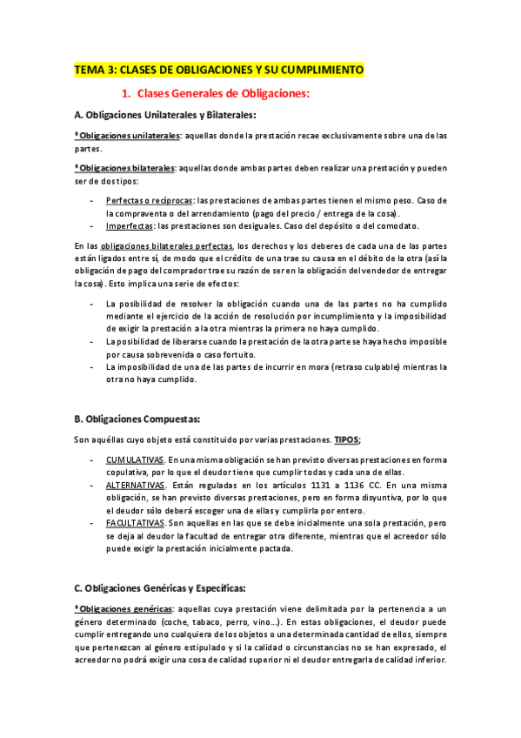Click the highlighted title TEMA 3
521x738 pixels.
[219, 70]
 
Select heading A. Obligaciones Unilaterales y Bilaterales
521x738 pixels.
[165, 115]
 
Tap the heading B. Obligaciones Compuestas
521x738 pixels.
[137, 419]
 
